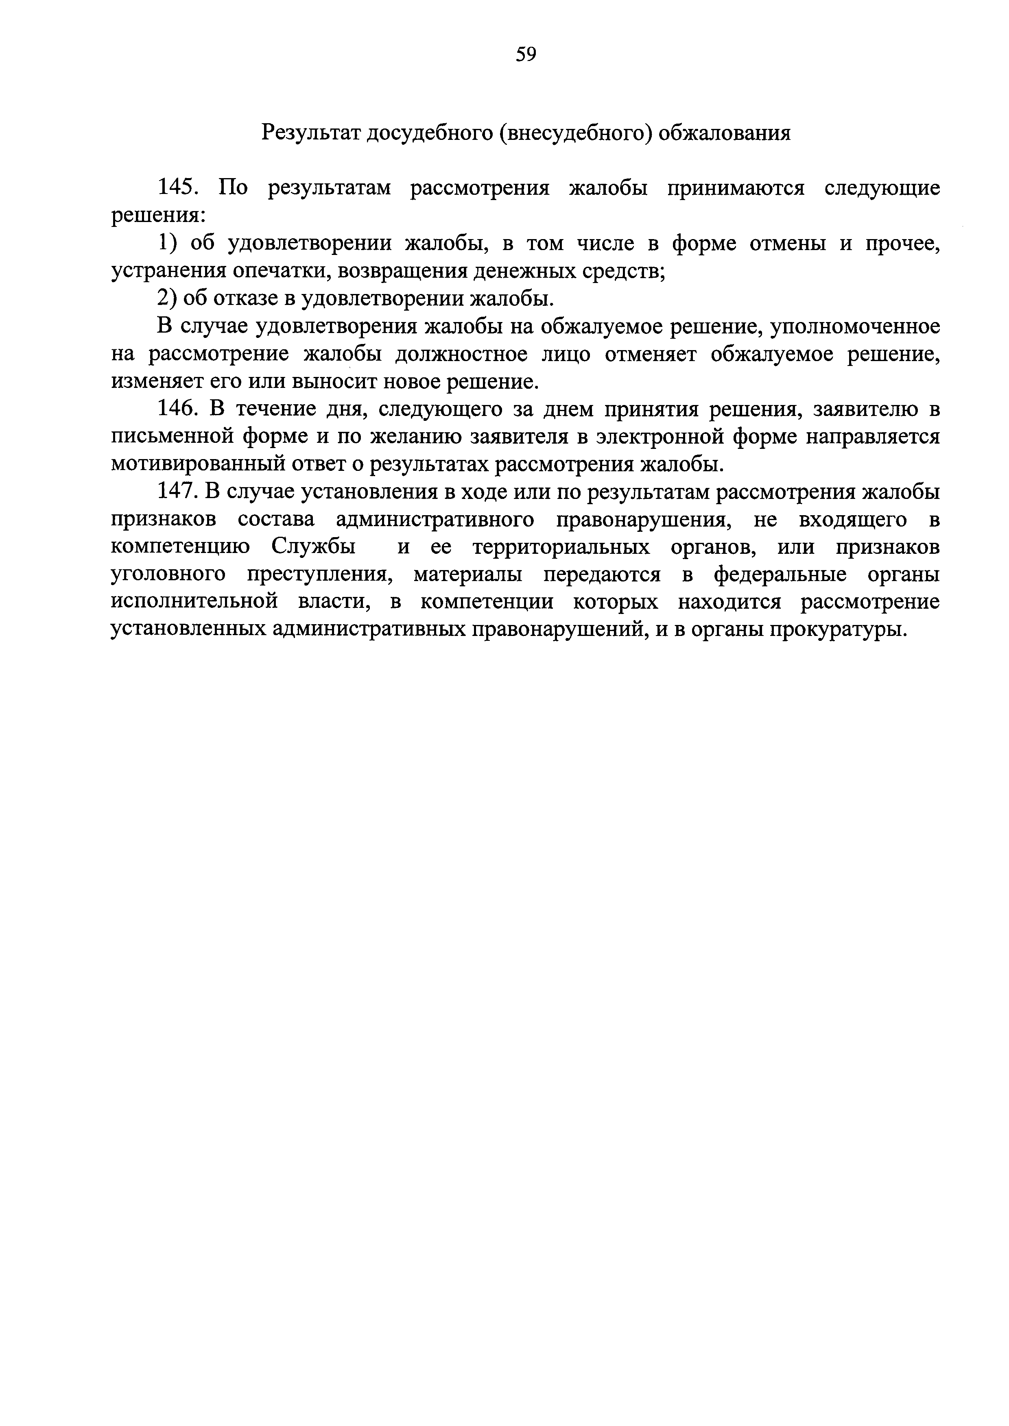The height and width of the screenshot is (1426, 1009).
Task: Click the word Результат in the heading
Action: pyautogui.click(x=309, y=132)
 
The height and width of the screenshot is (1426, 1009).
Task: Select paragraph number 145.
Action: pyautogui.click(x=178, y=187)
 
